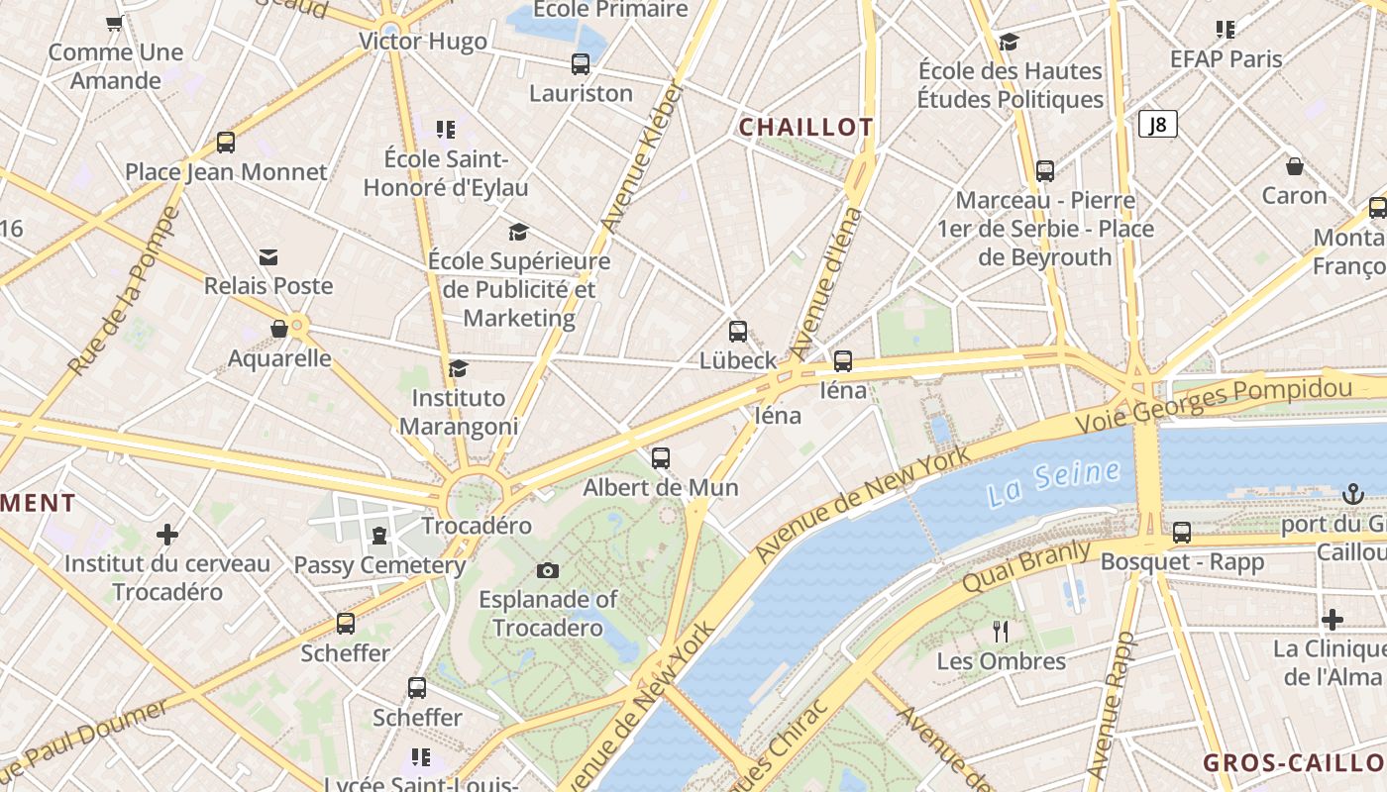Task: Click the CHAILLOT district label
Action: (x=805, y=127)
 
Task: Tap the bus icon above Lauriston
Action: (x=581, y=64)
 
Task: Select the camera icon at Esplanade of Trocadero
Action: (x=547, y=570)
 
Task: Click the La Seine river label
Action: (x=1053, y=483)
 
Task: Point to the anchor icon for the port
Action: (x=1352, y=493)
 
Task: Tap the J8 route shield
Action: (x=1157, y=124)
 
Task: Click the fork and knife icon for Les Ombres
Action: (x=1001, y=631)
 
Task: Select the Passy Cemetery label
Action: (x=379, y=565)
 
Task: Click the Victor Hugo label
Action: (x=423, y=42)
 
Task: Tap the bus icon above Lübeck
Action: (x=738, y=332)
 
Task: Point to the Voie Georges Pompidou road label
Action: (x=1214, y=404)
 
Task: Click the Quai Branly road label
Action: (x=1025, y=567)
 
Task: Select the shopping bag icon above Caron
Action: (x=1294, y=165)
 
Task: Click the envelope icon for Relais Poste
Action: (x=268, y=257)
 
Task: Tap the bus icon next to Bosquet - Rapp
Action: (x=1182, y=533)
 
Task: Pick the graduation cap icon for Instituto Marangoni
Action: (x=458, y=369)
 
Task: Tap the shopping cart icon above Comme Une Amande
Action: (x=114, y=23)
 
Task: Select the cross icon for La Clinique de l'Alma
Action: (x=1333, y=620)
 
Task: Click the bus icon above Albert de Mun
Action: (x=661, y=458)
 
